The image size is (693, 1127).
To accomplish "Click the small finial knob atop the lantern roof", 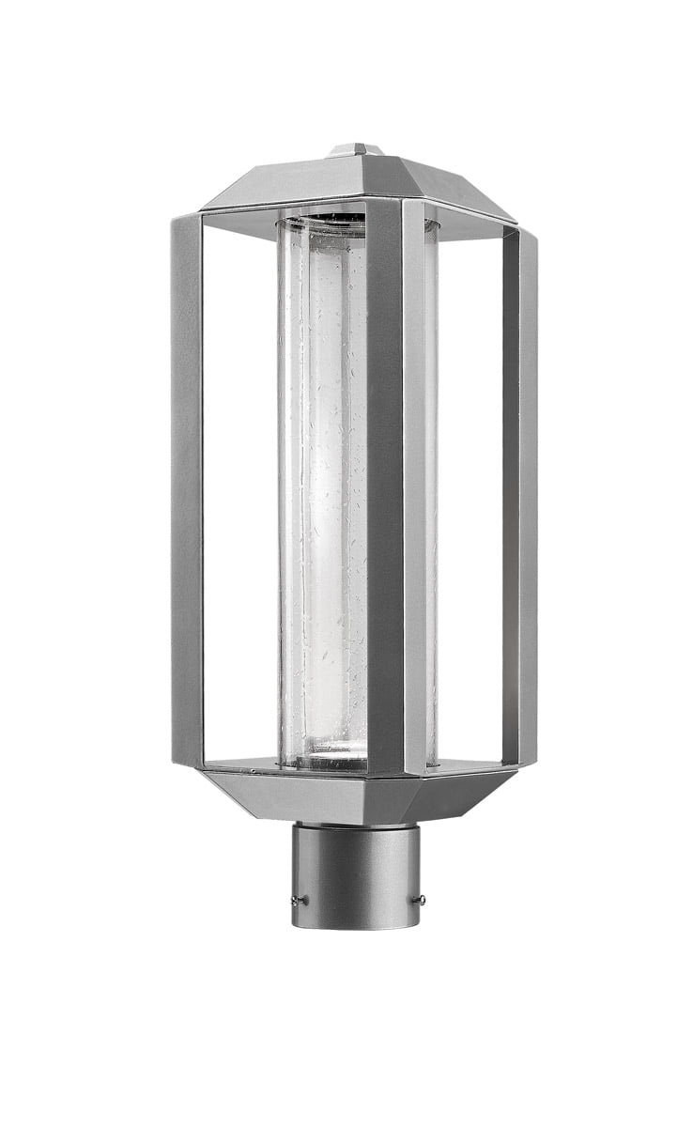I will coord(357,148).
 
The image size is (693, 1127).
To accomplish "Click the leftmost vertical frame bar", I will coord(186,488).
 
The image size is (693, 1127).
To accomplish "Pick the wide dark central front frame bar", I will coord(385,488).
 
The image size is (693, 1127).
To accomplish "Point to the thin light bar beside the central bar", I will coord(414,488).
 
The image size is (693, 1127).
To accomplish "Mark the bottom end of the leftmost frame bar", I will coord(187,757).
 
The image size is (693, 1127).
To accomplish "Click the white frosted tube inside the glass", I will coord(324,488).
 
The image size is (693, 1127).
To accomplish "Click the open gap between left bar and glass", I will coord(239,488).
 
